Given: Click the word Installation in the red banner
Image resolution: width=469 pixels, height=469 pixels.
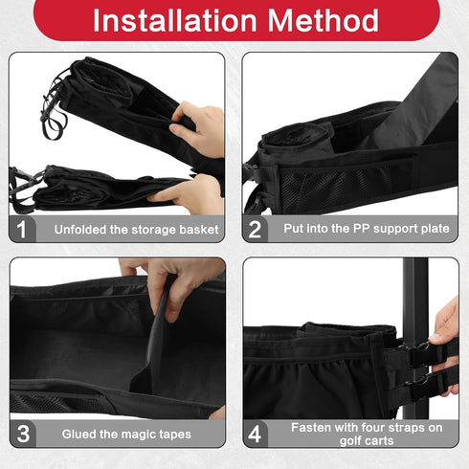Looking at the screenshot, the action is pyautogui.click(x=174, y=20).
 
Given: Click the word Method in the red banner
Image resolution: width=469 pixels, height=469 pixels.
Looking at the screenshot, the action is pyautogui.click(x=323, y=20).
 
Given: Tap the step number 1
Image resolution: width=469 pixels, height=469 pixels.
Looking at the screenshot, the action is pyautogui.click(x=21, y=229).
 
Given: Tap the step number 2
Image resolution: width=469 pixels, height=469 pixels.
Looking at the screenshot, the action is pyautogui.click(x=255, y=229).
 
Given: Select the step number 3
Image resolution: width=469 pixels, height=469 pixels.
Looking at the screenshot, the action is pyautogui.click(x=23, y=434).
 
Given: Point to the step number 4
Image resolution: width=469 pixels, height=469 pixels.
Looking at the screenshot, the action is pyautogui.click(x=255, y=434).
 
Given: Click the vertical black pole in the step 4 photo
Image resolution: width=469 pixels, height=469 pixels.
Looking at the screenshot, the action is pyautogui.click(x=414, y=338).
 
